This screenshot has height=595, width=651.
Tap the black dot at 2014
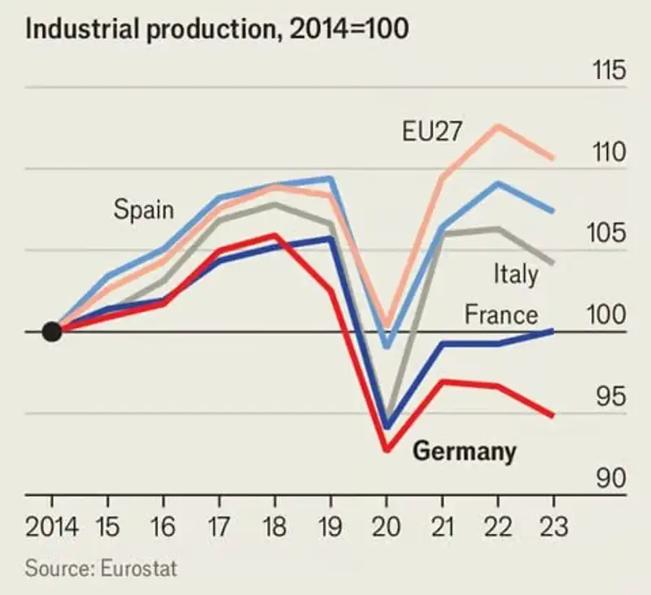point(51,332)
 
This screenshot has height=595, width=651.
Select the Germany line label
point(465,451)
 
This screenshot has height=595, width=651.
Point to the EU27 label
point(431,132)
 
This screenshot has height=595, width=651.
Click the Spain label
point(143,210)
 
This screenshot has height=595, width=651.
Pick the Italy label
point(516,274)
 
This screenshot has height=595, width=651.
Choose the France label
point(501,315)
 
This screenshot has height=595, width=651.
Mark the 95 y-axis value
point(613,397)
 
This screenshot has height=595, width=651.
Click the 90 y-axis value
point(613,479)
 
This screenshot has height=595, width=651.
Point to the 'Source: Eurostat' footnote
point(101,567)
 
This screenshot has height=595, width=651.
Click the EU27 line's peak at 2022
point(497,126)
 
